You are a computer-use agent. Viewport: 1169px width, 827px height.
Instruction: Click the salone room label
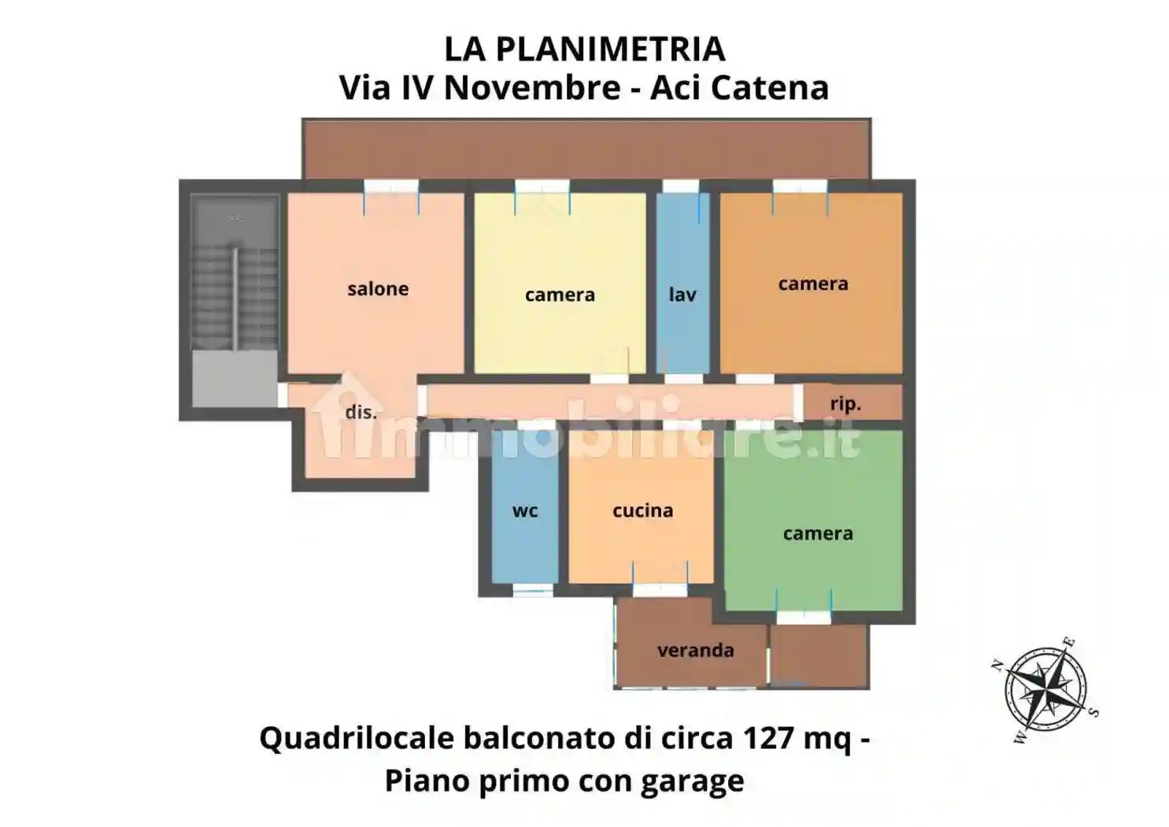tap(378, 289)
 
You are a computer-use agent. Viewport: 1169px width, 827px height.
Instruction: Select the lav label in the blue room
tap(683, 295)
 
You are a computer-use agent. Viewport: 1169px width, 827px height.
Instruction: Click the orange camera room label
tap(813, 284)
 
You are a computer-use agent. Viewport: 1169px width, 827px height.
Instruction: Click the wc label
tap(525, 510)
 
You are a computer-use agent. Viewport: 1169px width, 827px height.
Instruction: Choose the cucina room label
tap(642, 510)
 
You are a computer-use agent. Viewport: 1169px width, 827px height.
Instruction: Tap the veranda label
tap(695, 651)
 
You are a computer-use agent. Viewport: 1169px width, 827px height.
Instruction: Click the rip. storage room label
tap(845, 404)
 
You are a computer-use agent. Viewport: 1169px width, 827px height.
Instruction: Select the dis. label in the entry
tap(361, 412)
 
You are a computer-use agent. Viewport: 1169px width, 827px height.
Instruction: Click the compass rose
tap(1045, 690)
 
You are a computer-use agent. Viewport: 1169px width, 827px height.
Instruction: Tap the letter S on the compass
tap(1093, 712)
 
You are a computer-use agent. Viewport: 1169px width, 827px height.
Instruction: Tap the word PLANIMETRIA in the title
tap(610, 49)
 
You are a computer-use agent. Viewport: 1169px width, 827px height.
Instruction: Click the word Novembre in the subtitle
tap(531, 87)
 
